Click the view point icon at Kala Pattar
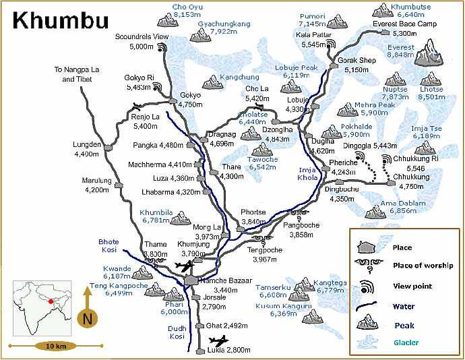click(330, 44)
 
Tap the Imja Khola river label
click(306, 174)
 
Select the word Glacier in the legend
click(406, 342)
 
